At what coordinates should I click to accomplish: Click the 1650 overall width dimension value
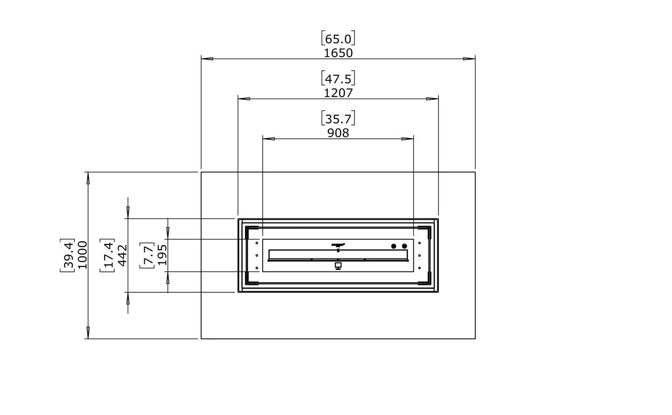(x=338, y=53)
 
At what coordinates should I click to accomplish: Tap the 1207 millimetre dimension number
(x=338, y=93)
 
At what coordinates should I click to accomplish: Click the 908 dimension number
(x=338, y=133)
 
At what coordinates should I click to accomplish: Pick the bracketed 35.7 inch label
(x=338, y=118)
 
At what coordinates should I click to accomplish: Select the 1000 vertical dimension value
(x=82, y=255)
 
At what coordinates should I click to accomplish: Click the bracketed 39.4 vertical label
(x=67, y=255)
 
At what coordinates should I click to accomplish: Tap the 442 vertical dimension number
(x=122, y=255)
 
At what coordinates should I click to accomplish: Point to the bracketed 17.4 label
(x=107, y=255)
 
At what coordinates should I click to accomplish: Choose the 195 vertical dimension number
(x=162, y=255)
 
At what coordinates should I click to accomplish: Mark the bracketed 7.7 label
(x=147, y=255)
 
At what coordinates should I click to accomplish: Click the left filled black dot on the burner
(x=393, y=246)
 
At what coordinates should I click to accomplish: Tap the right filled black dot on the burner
(x=405, y=246)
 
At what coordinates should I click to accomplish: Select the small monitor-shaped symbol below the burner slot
(x=338, y=266)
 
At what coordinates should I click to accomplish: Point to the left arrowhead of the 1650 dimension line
(x=207, y=59)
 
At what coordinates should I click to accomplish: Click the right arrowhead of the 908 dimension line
(x=407, y=138)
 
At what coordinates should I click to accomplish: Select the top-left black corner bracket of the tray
(x=252, y=229)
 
